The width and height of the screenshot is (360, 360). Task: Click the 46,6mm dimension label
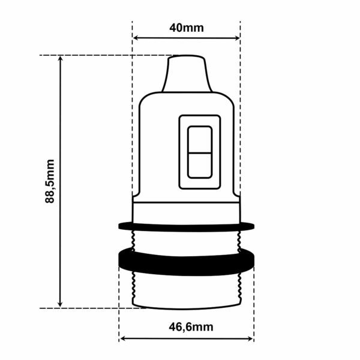[187, 327]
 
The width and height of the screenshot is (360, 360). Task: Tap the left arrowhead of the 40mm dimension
[136, 38]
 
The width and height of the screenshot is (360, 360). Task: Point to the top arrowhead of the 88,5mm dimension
[60, 59]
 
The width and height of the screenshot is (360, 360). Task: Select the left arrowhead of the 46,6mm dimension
[123, 338]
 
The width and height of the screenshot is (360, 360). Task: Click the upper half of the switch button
[199, 140]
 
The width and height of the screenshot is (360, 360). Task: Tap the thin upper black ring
[186, 226]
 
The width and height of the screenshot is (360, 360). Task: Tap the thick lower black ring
[186, 261]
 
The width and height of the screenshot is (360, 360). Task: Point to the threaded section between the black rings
[186, 240]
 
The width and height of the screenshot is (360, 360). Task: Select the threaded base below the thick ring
[186, 291]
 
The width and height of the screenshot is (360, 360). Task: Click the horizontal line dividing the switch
[199, 152]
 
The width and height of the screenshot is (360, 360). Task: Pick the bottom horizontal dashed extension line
[90, 308]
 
